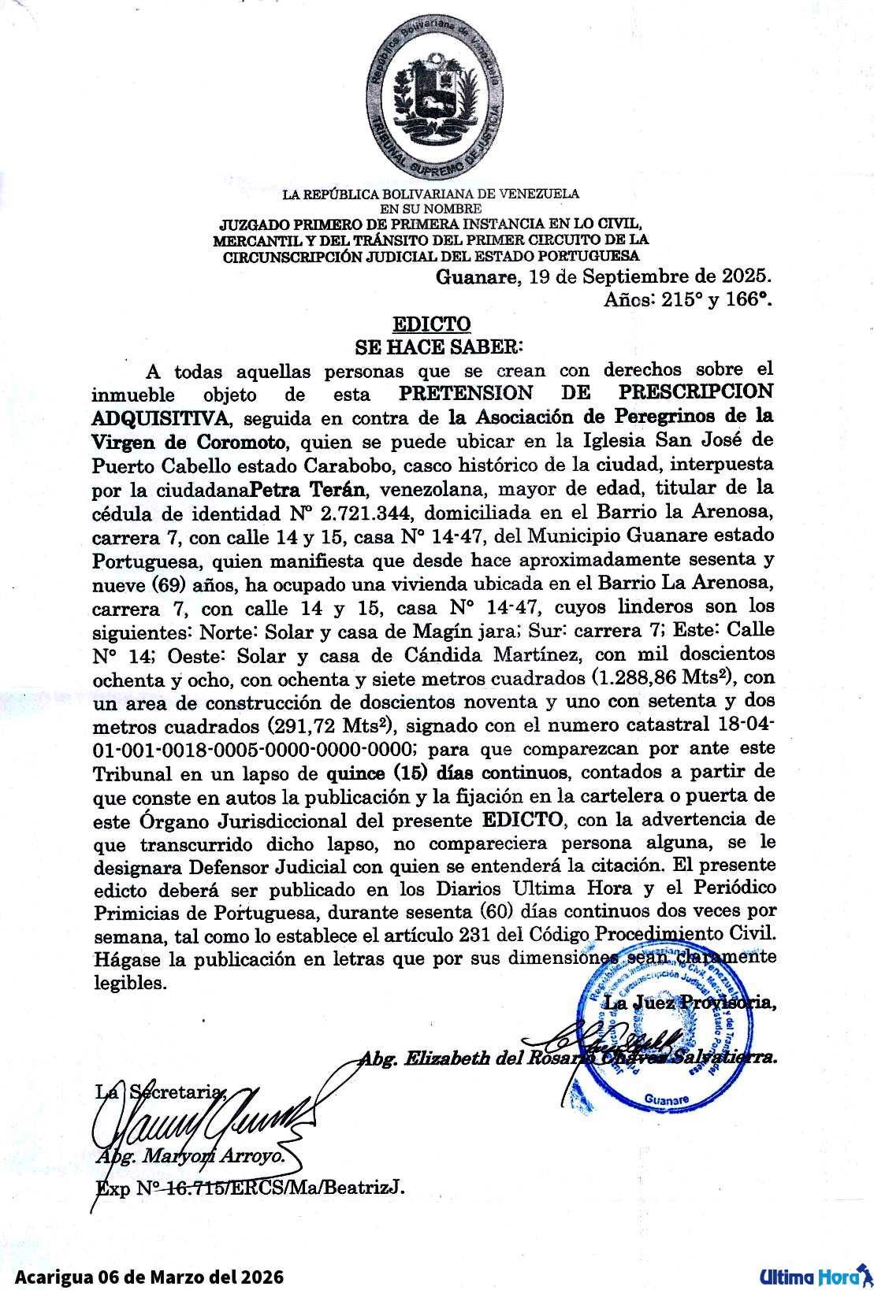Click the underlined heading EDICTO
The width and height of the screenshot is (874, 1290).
click(431, 324)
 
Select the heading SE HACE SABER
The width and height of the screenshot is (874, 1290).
click(438, 347)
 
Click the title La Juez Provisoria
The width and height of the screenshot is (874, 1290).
click(688, 1003)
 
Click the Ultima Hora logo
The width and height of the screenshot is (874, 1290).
click(812, 1276)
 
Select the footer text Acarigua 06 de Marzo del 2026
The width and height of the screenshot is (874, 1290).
click(149, 1277)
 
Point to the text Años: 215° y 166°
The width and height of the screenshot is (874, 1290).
click(687, 300)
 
